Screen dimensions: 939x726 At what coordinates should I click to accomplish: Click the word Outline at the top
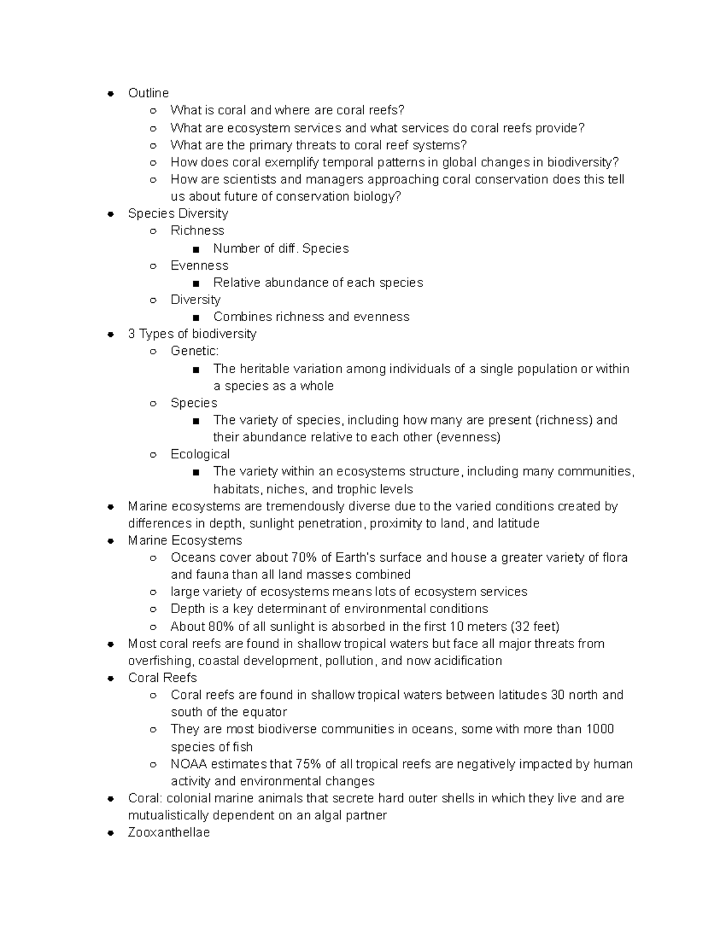(x=148, y=93)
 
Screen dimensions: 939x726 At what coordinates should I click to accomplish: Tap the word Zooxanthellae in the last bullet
(x=169, y=833)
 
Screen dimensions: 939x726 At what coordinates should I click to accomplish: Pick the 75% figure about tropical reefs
(x=308, y=764)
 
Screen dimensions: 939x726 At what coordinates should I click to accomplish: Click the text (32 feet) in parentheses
(x=535, y=626)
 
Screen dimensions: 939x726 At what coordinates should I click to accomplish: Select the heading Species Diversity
(x=178, y=213)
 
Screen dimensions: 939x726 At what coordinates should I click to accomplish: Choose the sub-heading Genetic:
(x=195, y=351)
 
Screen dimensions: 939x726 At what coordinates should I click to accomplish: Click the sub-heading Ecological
(x=200, y=454)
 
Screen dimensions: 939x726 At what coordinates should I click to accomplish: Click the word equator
(x=265, y=712)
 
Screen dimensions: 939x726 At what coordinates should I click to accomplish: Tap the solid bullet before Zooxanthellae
(x=111, y=833)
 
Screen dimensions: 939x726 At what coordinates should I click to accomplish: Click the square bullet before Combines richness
(x=195, y=317)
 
